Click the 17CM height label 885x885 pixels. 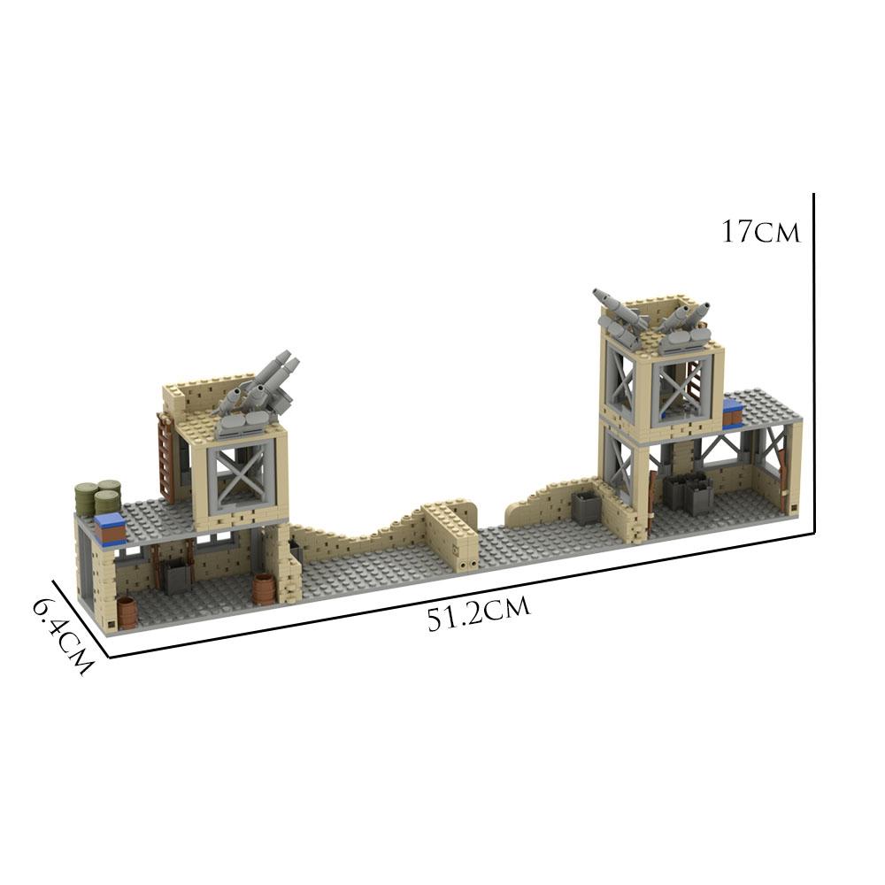tap(760, 233)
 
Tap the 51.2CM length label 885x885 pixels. tap(478, 613)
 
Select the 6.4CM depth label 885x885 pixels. tap(62, 635)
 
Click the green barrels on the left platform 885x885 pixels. tap(97, 497)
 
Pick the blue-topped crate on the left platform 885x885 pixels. tap(111, 527)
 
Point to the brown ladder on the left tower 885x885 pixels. tap(166, 457)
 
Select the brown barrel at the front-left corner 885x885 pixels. tap(127, 612)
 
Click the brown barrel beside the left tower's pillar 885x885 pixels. tap(264, 589)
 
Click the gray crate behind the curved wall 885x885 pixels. tap(584, 507)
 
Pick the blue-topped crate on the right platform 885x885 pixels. tap(733, 412)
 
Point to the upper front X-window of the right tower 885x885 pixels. tap(679, 388)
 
